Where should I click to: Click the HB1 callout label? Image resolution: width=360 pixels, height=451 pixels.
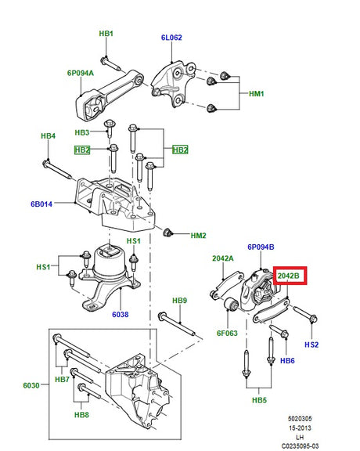(x=106, y=34)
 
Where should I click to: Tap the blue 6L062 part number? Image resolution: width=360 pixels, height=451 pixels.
(x=171, y=38)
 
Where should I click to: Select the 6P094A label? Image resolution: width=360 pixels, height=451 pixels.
(x=81, y=73)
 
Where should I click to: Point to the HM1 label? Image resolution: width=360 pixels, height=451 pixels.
(x=256, y=94)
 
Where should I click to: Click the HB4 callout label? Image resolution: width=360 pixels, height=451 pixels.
(x=48, y=135)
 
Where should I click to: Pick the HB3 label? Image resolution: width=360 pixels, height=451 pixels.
(x=82, y=132)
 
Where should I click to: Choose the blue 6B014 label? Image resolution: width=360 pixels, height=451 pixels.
(x=41, y=204)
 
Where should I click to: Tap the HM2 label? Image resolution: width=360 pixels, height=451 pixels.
(x=199, y=236)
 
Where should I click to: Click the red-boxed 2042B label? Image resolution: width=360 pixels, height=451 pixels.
(x=289, y=276)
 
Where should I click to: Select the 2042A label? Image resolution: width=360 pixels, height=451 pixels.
(x=223, y=258)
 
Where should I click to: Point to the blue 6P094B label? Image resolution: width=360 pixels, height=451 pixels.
(x=261, y=247)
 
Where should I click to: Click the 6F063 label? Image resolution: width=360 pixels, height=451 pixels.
(x=227, y=334)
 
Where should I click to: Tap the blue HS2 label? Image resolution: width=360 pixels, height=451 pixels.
(x=311, y=345)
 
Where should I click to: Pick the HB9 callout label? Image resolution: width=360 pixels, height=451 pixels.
(x=180, y=301)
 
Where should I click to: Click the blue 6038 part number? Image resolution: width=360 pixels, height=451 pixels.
(x=121, y=315)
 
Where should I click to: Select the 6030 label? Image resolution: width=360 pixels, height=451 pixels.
(x=31, y=385)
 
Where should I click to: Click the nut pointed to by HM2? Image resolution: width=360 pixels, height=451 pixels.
(x=167, y=232)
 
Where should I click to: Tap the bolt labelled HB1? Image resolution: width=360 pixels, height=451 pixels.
(x=110, y=63)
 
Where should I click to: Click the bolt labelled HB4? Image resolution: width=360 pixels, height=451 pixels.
(x=57, y=170)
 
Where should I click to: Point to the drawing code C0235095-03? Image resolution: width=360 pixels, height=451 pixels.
(x=300, y=446)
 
